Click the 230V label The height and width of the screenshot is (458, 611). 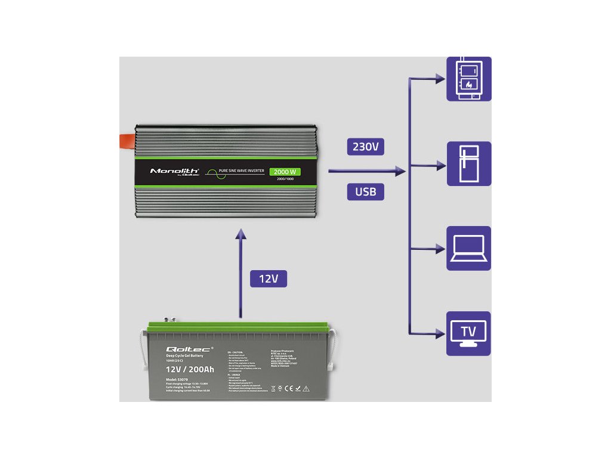[x=366, y=146]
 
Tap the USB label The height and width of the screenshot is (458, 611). [x=366, y=191]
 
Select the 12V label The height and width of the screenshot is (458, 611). [x=269, y=278]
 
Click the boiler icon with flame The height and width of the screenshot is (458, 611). [x=469, y=79]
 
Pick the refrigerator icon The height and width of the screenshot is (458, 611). [x=469, y=163]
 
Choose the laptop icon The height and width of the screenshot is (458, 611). [x=469, y=248]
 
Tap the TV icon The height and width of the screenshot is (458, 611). [x=469, y=333]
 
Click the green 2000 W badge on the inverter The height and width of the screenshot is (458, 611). [x=285, y=172]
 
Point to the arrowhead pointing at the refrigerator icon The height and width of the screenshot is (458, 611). [x=441, y=166]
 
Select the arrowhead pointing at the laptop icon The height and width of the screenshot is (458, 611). [x=441, y=249]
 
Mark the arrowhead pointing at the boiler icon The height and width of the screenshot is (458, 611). [x=441, y=78]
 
